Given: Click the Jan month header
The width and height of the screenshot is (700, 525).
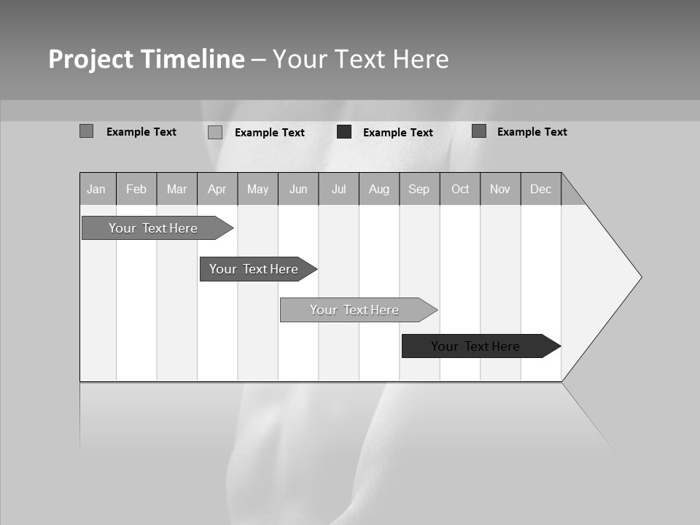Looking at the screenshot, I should (x=96, y=190).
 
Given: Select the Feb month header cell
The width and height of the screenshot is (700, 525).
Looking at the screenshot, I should (x=136, y=190).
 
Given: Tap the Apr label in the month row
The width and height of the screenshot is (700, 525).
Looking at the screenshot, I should (x=217, y=190).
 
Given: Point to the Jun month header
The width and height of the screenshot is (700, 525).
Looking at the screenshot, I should (x=298, y=190).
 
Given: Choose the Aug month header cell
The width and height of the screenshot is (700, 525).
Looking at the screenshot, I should (x=379, y=190).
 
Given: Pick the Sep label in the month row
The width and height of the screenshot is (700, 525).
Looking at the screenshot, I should (x=419, y=190).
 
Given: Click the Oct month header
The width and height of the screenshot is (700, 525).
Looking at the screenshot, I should (x=460, y=190).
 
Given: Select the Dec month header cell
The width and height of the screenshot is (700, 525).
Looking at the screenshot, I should (x=541, y=190).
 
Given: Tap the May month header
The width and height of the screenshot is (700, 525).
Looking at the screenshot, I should (x=257, y=190).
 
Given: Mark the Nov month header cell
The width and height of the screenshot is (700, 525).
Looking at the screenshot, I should (x=500, y=190).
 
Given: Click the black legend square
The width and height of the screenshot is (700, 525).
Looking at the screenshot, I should (x=344, y=132).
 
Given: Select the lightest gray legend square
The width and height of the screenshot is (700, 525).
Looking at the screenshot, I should (x=215, y=133).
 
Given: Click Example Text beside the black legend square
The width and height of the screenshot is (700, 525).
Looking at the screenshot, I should (x=398, y=133).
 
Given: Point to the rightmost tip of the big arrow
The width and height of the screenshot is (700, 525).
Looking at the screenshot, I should (x=641, y=277).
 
